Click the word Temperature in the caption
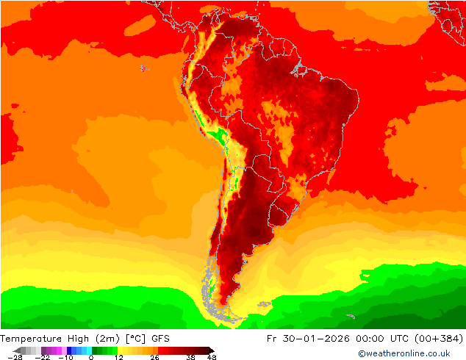[31, 339]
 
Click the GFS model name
[161, 339]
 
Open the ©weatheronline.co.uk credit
[404, 353]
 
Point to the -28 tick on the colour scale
[13, 357]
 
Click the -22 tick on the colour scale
[43, 357]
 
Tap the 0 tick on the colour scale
[90, 357]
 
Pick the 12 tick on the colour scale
[119, 357]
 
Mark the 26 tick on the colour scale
[154, 357]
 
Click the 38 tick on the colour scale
[190, 357]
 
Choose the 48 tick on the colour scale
[212, 357]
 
